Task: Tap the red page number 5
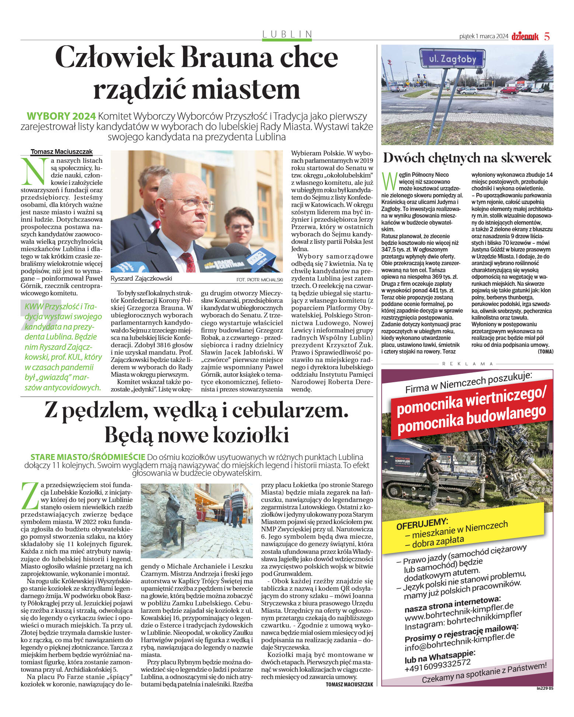click(x=547, y=36)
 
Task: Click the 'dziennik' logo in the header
click(x=525, y=36)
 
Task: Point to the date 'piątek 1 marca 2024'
click(x=483, y=36)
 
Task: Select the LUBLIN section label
click(x=287, y=34)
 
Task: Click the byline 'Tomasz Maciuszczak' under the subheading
click(x=62, y=152)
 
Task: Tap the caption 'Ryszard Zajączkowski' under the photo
click(x=141, y=278)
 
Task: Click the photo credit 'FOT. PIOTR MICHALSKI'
click(x=259, y=280)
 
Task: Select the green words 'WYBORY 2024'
click(x=61, y=116)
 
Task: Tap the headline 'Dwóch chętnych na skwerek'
click(x=467, y=158)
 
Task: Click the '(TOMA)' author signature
click(x=545, y=352)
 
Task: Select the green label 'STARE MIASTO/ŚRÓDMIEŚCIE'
click(x=88, y=457)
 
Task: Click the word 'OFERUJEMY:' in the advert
click(x=422, y=524)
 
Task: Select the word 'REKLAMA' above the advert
click(x=467, y=363)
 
